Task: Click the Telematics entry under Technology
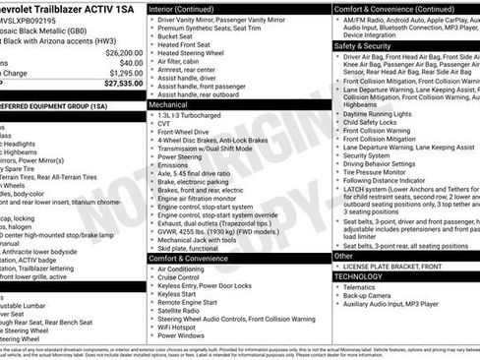click(364, 288)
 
